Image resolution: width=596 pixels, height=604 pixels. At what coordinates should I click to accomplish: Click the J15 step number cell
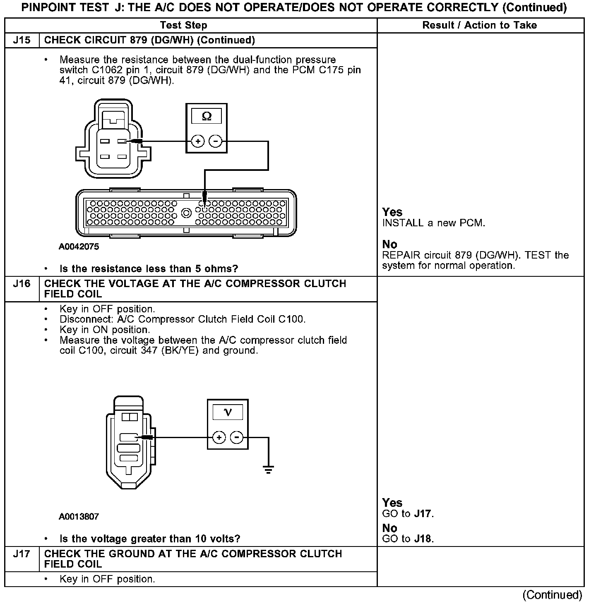22,40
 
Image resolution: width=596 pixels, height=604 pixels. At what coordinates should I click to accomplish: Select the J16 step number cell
22,284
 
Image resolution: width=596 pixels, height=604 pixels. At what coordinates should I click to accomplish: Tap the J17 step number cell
22,554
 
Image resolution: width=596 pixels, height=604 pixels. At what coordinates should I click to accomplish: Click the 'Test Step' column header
183,25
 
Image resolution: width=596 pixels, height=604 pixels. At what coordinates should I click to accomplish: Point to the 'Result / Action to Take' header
479,25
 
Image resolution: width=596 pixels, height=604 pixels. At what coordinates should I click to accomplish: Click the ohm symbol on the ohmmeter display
207,117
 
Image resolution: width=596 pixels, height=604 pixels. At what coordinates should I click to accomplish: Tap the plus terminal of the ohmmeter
198,141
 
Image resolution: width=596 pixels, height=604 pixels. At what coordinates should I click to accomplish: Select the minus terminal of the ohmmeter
215,141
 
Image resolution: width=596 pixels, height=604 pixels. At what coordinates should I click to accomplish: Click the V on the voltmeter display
228,412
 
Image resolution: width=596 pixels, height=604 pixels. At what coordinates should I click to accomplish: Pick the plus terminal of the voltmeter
219,437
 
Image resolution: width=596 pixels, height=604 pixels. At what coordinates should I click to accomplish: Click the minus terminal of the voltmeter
236,437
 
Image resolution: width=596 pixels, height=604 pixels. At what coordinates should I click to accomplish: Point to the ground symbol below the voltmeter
268,469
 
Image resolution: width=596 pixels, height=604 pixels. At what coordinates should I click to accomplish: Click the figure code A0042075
79,247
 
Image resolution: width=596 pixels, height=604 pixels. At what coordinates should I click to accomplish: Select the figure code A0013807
79,516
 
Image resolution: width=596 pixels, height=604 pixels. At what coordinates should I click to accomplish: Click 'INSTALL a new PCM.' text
433,223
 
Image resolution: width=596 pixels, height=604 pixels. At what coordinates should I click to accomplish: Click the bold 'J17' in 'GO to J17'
423,514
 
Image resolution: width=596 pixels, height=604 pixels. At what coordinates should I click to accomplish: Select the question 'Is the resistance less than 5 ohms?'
149,269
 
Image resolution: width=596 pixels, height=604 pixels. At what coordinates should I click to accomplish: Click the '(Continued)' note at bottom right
552,595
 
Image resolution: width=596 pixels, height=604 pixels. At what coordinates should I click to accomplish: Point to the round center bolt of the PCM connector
186,213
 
